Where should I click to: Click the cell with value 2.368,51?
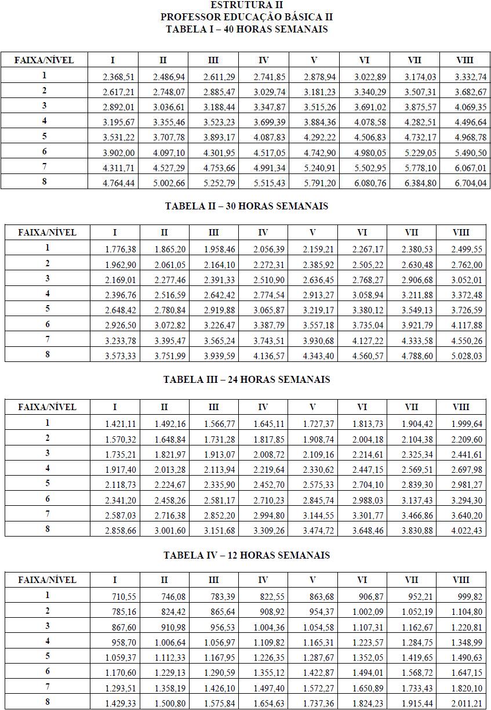point(114,77)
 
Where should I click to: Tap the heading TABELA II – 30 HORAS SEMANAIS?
point(246,206)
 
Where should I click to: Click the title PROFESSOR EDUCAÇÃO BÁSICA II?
point(246,17)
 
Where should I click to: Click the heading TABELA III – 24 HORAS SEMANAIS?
point(246,379)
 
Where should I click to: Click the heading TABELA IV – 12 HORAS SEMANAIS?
point(246,555)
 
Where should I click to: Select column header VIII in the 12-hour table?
point(461,579)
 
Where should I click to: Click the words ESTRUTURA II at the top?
point(246,5)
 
